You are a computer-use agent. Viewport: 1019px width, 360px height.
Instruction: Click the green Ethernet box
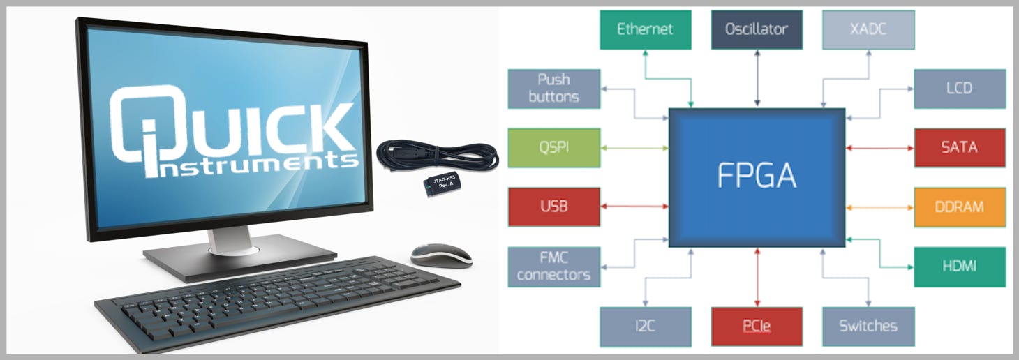[645, 29]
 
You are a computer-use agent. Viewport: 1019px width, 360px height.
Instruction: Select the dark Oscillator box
[757, 29]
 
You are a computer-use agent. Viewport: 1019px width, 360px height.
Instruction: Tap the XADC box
[868, 29]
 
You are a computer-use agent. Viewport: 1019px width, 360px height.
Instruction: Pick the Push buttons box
[554, 88]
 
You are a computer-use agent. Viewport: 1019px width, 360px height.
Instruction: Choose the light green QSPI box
[554, 148]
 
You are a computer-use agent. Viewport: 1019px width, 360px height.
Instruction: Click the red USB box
[554, 207]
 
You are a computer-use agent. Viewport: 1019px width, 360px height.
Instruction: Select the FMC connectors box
[554, 267]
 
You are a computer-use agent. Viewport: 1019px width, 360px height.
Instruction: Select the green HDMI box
[960, 267]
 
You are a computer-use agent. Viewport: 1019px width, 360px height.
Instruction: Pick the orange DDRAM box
[960, 207]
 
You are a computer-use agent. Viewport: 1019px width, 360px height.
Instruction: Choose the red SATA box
[960, 148]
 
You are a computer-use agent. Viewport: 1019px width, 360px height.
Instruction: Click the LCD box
[960, 88]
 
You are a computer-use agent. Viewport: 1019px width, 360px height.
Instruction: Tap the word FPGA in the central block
[757, 177]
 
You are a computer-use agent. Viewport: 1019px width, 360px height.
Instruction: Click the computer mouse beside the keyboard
[440, 255]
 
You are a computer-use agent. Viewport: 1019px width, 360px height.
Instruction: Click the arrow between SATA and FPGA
[879, 148]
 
